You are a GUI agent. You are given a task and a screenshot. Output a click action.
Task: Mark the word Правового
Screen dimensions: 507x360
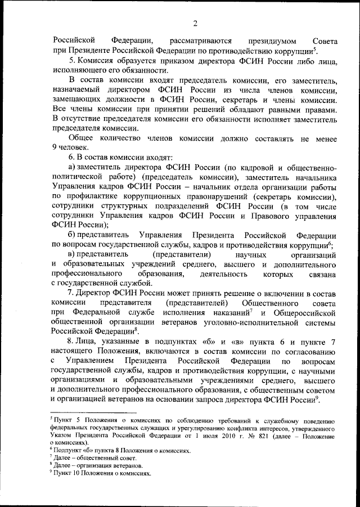[x=260, y=216]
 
